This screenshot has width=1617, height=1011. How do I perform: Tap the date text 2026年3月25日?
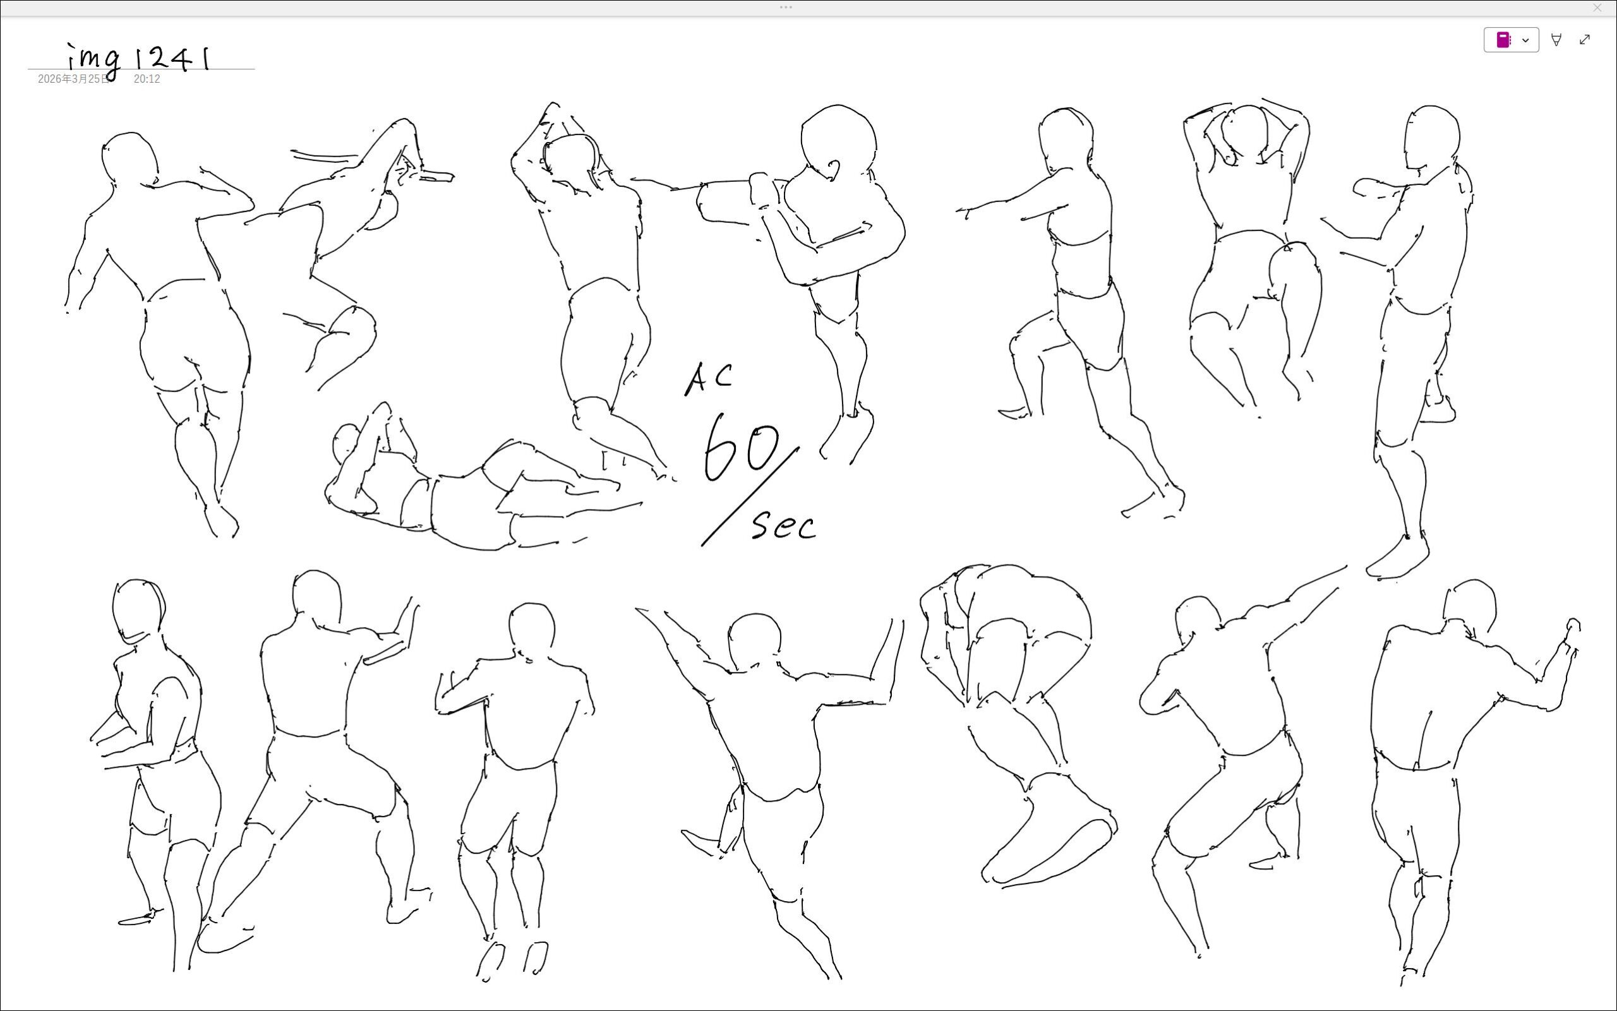(x=73, y=79)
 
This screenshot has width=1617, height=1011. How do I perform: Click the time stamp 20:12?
(x=147, y=79)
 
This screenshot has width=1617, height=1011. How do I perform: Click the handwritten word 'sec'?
(x=784, y=525)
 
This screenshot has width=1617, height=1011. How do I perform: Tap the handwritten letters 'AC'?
(x=708, y=378)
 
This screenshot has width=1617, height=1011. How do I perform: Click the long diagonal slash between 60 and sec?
(x=750, y=496)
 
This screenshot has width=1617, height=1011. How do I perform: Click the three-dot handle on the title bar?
(x=786, y=8)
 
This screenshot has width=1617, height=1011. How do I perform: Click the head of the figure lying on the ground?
(x=345, y=443)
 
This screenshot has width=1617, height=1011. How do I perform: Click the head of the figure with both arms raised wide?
(x=754, y=640)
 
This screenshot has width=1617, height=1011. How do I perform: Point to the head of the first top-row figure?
(x=129, y=159)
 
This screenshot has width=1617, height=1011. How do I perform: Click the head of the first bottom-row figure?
(x=138, y=611)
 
